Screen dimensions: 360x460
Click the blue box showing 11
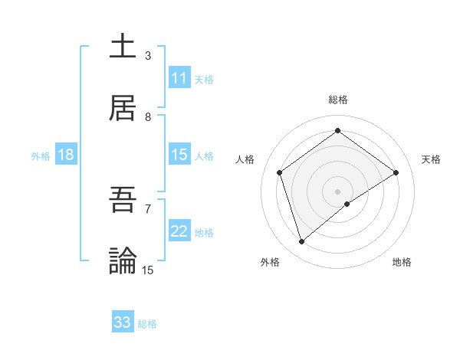(179, 78)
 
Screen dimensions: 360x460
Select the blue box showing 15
(179, 155)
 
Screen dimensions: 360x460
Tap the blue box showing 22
(179, 231)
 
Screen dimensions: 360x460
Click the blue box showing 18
(66, 155)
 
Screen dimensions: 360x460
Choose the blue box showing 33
(123, 322)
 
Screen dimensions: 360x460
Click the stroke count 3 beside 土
(148, 56)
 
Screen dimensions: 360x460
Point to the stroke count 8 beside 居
(148, 117)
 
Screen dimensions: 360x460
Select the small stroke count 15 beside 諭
(148, 270)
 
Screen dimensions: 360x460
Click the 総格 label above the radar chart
(338, 100)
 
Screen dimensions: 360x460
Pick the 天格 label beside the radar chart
(431, 159)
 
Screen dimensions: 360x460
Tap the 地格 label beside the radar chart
(402, 263)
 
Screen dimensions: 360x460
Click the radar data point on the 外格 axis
(302, 242)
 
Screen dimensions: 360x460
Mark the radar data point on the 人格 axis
(280, 172)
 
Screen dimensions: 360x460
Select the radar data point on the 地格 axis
(347, 204)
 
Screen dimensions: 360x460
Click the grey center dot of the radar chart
(338, 191)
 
